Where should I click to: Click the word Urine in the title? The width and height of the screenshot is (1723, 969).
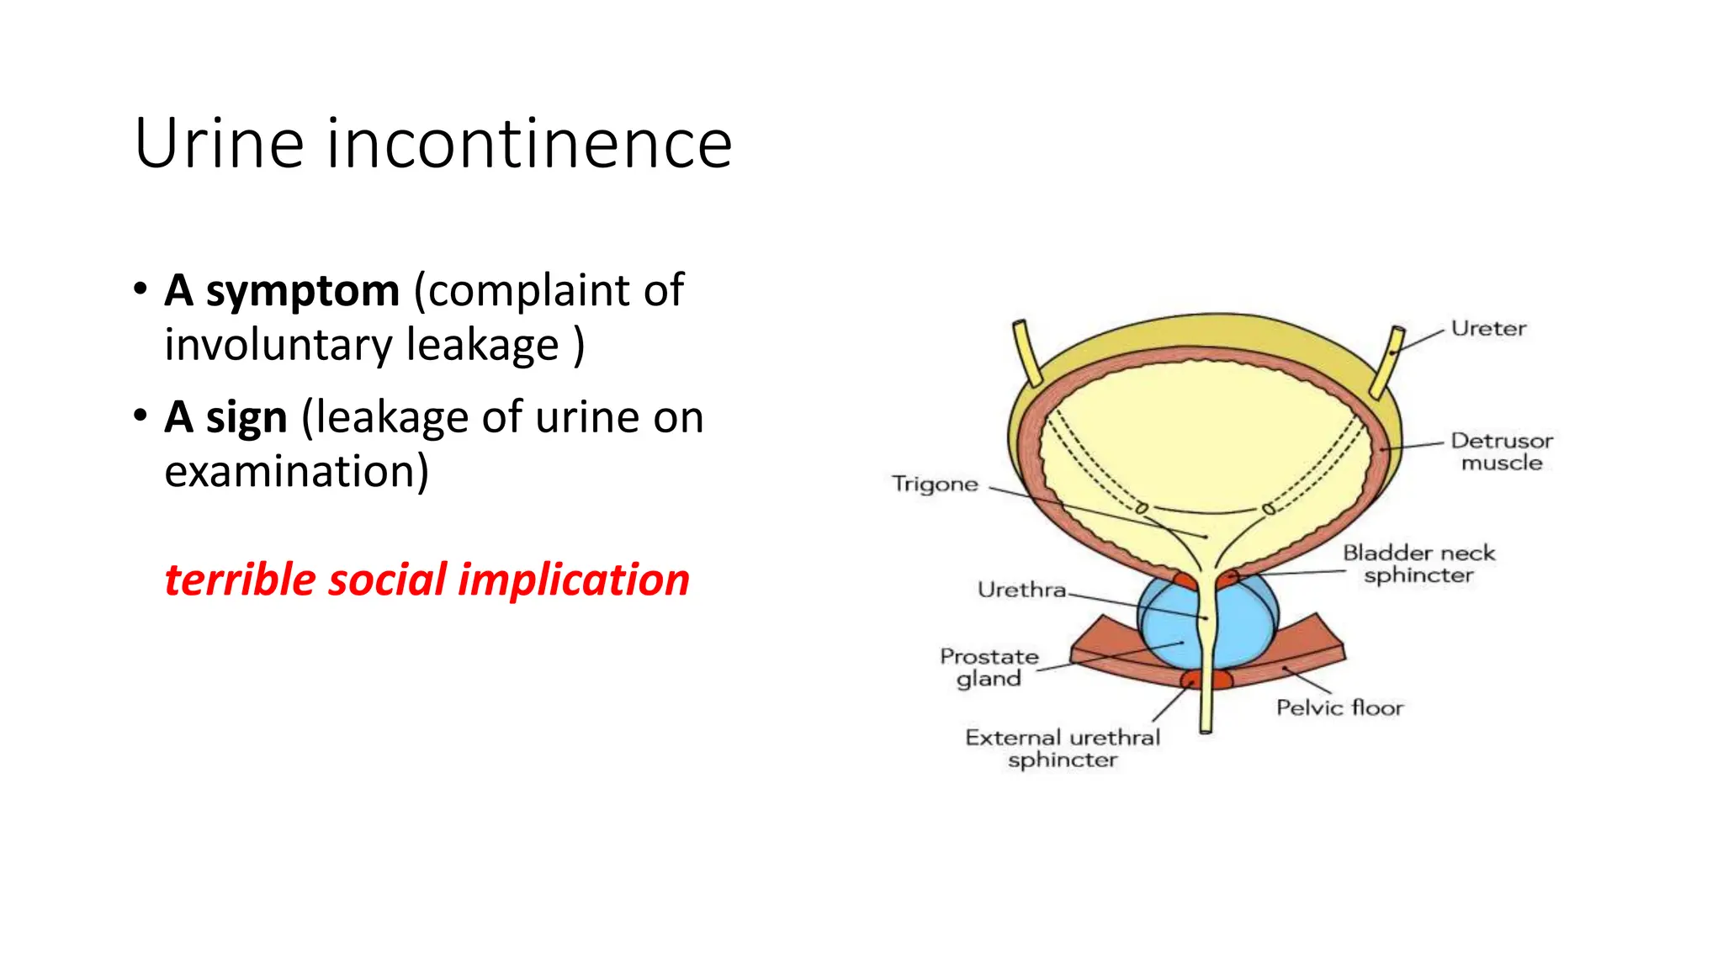pos(219,144)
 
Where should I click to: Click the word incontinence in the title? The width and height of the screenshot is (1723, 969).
pos(529,144)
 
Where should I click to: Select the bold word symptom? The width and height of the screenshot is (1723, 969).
pos(302,291)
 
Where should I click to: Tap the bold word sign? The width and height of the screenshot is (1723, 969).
pos(247,417)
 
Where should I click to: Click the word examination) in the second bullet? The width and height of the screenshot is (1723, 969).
pos(296,471)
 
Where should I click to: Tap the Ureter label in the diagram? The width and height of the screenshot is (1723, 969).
pos(1487,329)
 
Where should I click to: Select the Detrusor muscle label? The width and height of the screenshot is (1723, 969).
pos(1502,452)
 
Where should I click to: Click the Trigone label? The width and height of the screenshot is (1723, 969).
pos(935,484)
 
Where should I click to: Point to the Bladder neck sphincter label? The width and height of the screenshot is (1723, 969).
pos(1418,564)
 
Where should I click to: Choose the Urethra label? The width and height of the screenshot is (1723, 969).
pos(1021,590)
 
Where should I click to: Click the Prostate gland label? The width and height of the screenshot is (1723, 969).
pos(989,667)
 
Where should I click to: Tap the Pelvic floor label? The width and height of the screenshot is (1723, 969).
pos(1339,707)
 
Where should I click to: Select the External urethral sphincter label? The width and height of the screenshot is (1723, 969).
pos(1063,749)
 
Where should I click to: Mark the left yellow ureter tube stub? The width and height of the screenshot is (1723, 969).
pos(1027,353)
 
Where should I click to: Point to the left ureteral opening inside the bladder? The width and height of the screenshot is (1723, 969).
pos(1142,508)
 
